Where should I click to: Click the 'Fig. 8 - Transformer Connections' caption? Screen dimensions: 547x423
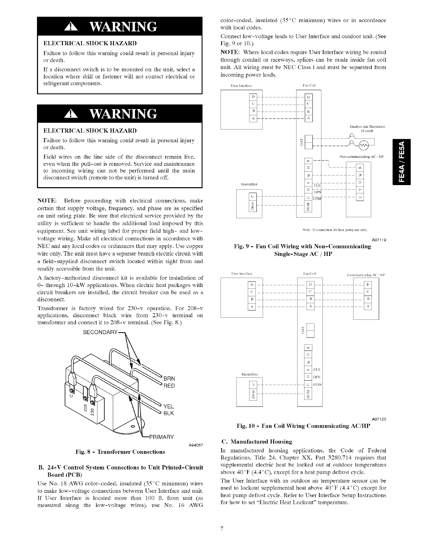point(120,452)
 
